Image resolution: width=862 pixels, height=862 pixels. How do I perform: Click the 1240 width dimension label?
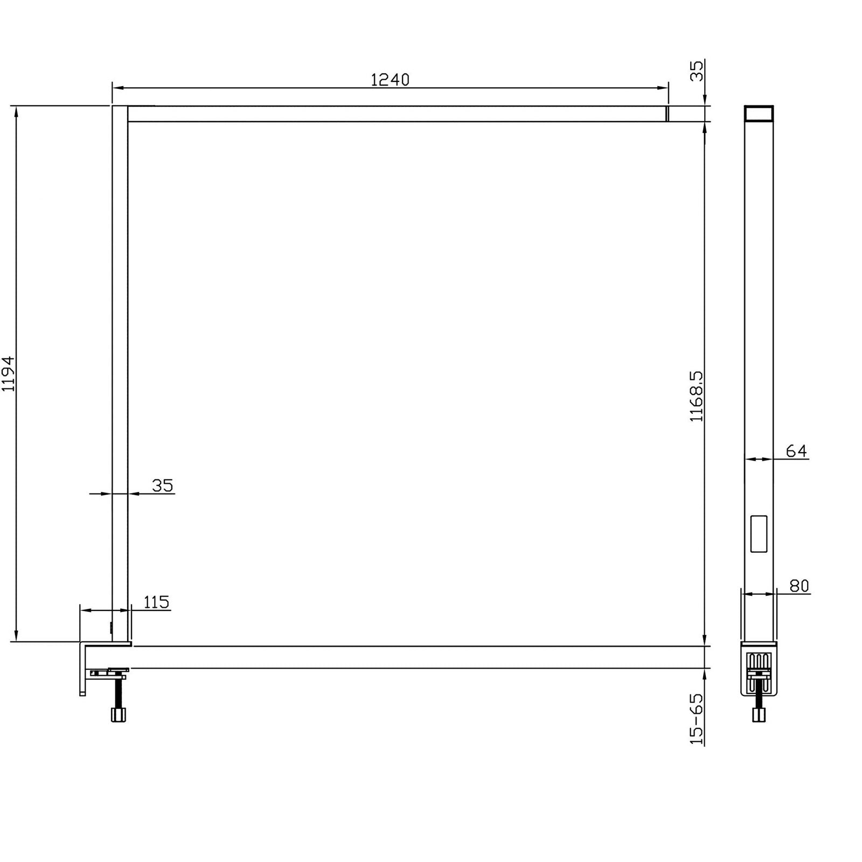pyautogui.click(x=390, y=80)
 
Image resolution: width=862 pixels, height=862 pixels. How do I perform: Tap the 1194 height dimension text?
pyautogui.click(x=8, y=373)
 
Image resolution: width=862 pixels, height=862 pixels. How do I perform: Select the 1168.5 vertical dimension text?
pyautogui.click(x=697, y=395)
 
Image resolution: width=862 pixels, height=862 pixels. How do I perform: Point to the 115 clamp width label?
pyautogui.click(x=156, y=602)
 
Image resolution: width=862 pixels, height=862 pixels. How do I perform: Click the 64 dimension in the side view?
pyautogui.click(x=796, y=450)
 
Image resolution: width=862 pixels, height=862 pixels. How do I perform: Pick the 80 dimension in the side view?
pyautogui.click(x=799, y=586)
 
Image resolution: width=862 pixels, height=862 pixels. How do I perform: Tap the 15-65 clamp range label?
pyautogui.click(x=697, y=719)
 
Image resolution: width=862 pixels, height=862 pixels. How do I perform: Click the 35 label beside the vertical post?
pyautogui.click(x=162, y=485)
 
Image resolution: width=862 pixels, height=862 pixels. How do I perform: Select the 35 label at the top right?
pyautogui.click(x=697, y=71)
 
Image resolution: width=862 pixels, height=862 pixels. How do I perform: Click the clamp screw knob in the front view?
pyautogui.click(x=119, y=715)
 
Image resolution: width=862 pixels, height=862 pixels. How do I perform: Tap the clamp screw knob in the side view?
pyautogui.click(x=759, y=715)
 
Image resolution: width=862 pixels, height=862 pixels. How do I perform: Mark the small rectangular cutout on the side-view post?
pyautogui.click(x=759, y=534)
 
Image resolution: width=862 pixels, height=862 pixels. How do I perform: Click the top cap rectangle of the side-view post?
pyautogui.click(x=759, y=114)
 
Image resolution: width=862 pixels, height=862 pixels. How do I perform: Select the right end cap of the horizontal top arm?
pyautogui.click(x=667, y=114)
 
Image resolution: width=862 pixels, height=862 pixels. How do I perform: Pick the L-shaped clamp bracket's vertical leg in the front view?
pyautogui.click(x=82, y=671)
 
